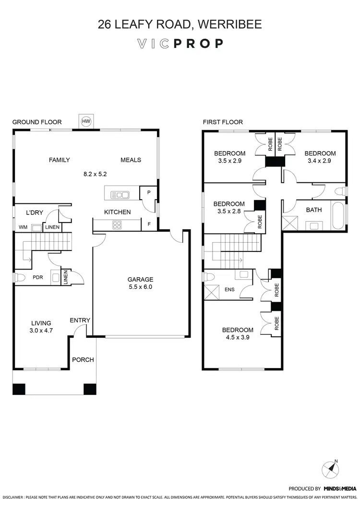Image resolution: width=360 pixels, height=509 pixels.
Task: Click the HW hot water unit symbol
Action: tap(86, 121)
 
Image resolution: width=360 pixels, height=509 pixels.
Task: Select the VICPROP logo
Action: tap(180, 44)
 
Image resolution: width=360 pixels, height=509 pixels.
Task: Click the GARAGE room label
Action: tap(140, 279)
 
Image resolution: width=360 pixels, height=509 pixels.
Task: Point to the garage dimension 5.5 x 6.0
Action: tap(140, 287)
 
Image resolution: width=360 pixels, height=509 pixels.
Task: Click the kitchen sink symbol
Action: tap(120, 194)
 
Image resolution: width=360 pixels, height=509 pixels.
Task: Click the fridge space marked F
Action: tap(149, 224)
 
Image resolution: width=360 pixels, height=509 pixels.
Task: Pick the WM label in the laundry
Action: tap(23, 227)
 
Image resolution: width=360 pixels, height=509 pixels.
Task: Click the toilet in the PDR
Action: tap(20, 277)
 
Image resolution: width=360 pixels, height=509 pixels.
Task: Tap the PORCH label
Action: tap(83, 360)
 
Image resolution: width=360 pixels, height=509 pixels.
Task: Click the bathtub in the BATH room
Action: tap(338, 217)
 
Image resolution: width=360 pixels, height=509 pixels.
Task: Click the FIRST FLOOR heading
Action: tap(223, 122)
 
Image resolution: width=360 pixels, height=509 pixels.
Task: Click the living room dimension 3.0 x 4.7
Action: tap(41, 331)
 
